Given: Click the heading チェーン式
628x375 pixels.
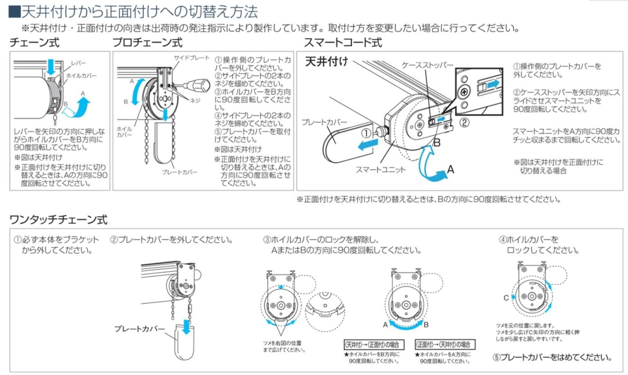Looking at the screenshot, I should click(x=34, y=42).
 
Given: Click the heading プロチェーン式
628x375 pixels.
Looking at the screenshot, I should click(x=147, y=42).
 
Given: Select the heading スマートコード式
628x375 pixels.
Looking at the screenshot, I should click(x=343, y=42).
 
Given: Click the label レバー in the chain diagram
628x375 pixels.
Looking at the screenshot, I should click(x=78, y=63).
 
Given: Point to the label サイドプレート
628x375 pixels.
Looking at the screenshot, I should click(x=192, y=58).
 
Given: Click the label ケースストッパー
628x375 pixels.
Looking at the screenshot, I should click(x=427, y=65).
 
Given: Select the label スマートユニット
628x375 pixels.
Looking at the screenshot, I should click(x=380, y=169).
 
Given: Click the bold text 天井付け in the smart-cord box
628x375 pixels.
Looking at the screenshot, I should click(x=327, y=62).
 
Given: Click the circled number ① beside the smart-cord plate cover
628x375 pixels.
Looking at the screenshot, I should click(x=366, y=133).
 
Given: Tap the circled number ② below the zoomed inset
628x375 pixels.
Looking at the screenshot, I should click(x=464, y=122).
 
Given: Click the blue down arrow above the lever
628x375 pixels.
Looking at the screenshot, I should click(x=51, y=66).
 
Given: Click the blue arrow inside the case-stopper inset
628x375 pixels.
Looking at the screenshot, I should click(x=493, y=84).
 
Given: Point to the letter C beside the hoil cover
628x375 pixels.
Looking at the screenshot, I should click(x=506, y=298).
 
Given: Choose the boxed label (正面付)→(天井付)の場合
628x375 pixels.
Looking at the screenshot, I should click(x=445, y=345).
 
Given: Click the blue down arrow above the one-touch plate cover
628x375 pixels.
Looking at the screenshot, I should click(x=186, y=326).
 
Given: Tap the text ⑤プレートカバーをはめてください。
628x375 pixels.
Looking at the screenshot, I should click(x=552, y=357).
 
